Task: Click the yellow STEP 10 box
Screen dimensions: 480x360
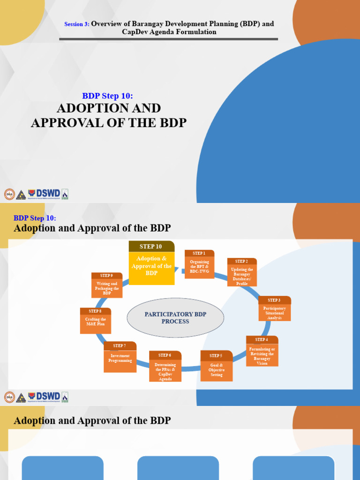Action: coord(151,263)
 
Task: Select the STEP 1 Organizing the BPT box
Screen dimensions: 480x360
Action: coord(199,265)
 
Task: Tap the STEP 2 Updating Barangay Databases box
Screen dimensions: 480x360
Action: coord(242,273)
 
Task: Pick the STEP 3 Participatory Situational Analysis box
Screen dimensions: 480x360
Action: coord(274,309)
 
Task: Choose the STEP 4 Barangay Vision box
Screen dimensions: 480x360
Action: coord(262,351)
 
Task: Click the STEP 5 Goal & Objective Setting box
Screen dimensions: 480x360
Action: coord(216,366)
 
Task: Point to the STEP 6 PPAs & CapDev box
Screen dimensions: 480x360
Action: coord(165,367)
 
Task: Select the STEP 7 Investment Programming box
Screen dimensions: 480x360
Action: coord(120,357)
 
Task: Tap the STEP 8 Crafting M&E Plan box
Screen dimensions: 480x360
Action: coord(95,321)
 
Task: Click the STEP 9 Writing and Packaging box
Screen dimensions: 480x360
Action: coord(107,285)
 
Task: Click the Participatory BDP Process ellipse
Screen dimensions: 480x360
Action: coord(175,318)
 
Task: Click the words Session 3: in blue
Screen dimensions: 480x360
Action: coord(76,24)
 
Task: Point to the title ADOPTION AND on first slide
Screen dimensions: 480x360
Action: coord(109,108)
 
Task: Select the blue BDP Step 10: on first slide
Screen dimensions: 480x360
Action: coord(108,96)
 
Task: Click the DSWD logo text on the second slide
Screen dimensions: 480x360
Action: coord(48,396)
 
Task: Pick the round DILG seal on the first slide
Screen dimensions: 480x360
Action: coord(9,194)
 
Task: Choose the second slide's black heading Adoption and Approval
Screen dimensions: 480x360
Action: coord(92,228)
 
